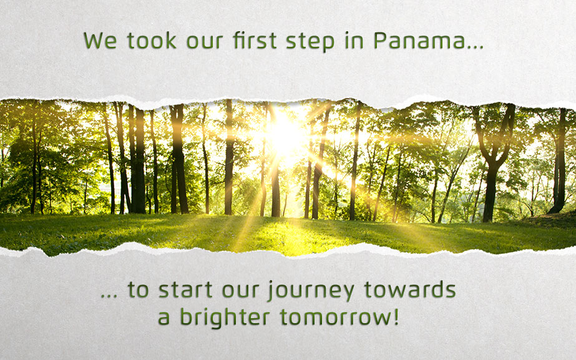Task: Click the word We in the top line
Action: (99, 41)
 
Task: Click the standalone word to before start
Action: (139, 291)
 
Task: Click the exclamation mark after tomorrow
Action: (394, 316)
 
